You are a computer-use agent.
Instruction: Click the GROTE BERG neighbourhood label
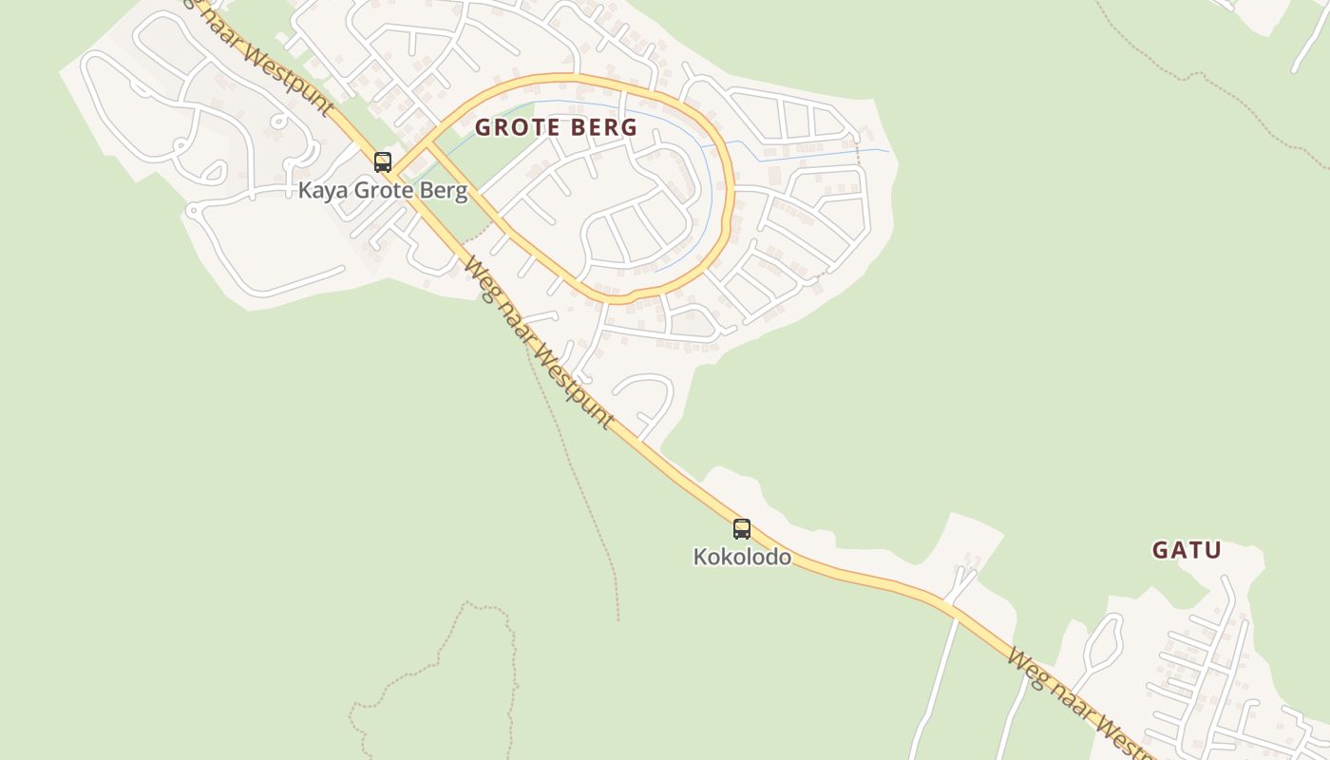click(x=556, y=127)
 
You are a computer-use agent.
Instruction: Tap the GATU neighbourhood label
click(x=1186, y=550)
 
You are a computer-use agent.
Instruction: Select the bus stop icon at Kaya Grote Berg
click(x=383, y=162)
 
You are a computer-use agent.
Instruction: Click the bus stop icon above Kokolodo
click(x=741, y=529)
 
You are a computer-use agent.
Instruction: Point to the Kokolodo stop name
click(x=742, y=557)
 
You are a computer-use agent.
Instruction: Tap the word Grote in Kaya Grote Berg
click(x=385, y=191)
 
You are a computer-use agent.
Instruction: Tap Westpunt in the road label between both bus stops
click(x=573, y=390)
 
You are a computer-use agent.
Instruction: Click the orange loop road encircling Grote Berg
click(x=731, y=190)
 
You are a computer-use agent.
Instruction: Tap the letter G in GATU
click(x=1159, y=550)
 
